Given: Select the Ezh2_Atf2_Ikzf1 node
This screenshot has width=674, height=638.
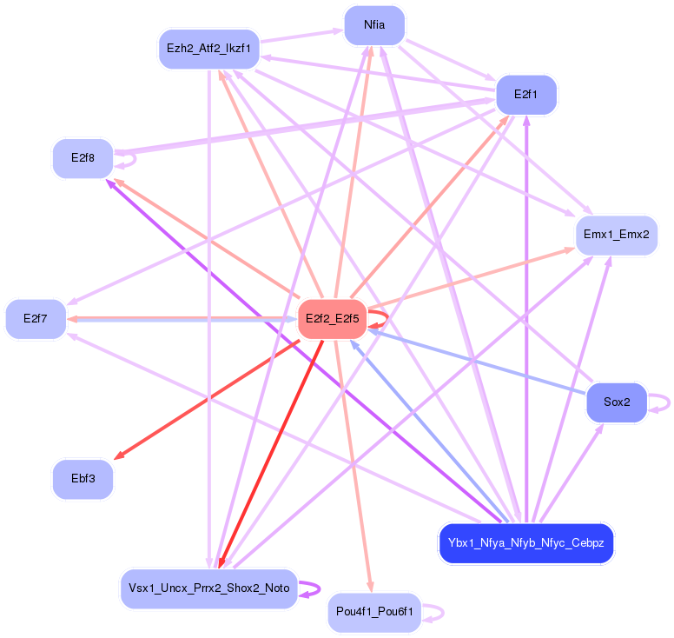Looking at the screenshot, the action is click(208, 49).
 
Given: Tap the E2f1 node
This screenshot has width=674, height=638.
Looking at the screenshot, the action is click(525, 94).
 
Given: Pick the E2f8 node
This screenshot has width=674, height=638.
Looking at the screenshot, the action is click(83, 158).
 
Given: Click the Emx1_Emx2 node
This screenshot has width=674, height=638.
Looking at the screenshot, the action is click(616, 235).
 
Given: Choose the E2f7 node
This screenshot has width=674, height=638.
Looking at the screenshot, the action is click(36, 319).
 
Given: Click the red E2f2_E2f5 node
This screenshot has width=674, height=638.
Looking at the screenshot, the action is click(331, 320).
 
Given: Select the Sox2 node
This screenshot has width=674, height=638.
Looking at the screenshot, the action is click(616, 402).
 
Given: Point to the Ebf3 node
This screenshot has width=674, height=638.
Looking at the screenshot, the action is click(83, 478).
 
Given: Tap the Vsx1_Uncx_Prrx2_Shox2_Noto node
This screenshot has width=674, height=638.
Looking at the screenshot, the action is click(208, 588).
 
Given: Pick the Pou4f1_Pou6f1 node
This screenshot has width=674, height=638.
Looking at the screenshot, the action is click(374, 613).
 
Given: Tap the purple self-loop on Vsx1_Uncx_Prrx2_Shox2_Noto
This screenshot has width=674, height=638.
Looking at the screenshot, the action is click(314, 588).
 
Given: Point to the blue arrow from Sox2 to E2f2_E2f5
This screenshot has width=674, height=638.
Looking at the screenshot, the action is click(478, 361).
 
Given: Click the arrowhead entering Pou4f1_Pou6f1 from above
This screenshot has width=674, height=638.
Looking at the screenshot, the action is click(371, 588).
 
